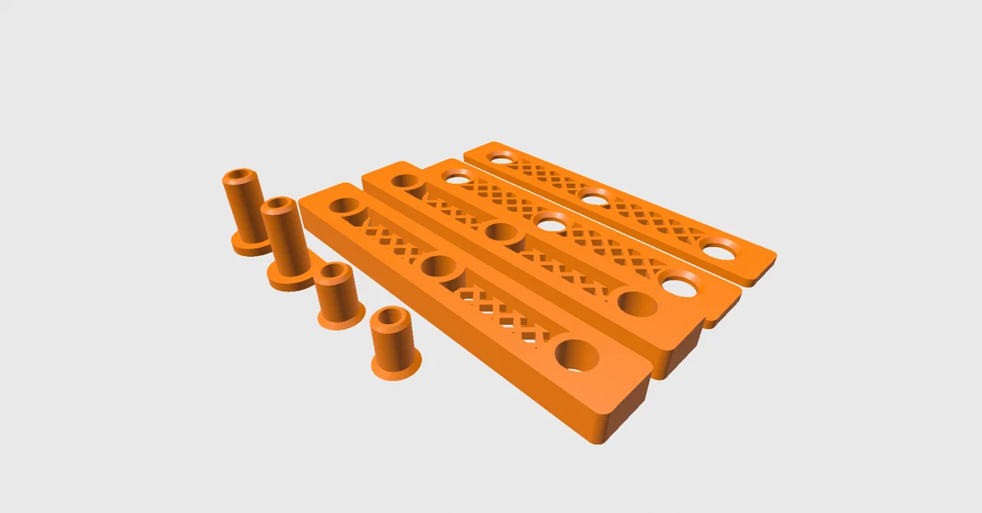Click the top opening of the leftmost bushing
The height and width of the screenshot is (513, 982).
click(x=239, y=176)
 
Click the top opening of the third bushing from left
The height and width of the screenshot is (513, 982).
click(x=333, y=272)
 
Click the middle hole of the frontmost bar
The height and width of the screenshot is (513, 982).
click(x=440, y=267)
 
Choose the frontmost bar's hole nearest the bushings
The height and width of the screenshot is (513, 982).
click(x=344, y=205)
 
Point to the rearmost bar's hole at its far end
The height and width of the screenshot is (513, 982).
click(x=500, y=157)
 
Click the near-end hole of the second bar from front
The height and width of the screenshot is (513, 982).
click(x=637, y=303)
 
